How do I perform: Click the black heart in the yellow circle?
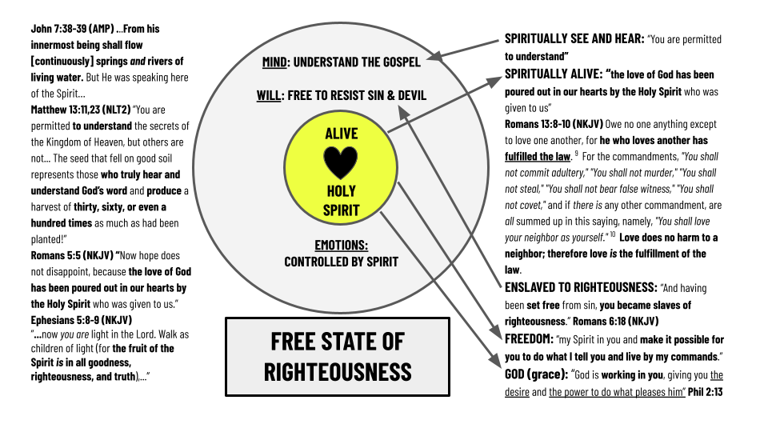tap(341, 162)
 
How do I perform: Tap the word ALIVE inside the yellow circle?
tap(341, 134)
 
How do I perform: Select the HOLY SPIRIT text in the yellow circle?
tap(341, 201)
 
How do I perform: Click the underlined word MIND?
tap(276, 62)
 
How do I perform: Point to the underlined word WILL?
tap(267, 96)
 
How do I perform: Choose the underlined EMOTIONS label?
tap(341, 246)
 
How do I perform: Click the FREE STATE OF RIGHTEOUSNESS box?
tap(337, 356)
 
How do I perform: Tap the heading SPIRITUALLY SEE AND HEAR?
tap(574, 38)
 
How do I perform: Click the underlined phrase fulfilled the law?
tap(537, 158)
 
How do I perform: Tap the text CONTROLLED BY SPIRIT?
tap(341, 262)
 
